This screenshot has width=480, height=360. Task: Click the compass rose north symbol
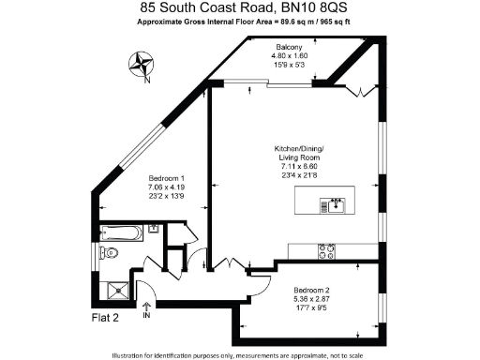tap(142, 65)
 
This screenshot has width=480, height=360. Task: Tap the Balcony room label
tap(288, 46)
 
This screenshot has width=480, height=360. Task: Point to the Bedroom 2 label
tap(311, 289)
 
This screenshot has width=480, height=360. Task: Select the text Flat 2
tap(104, 317)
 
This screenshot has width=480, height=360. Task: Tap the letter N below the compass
tap(147, 79)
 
